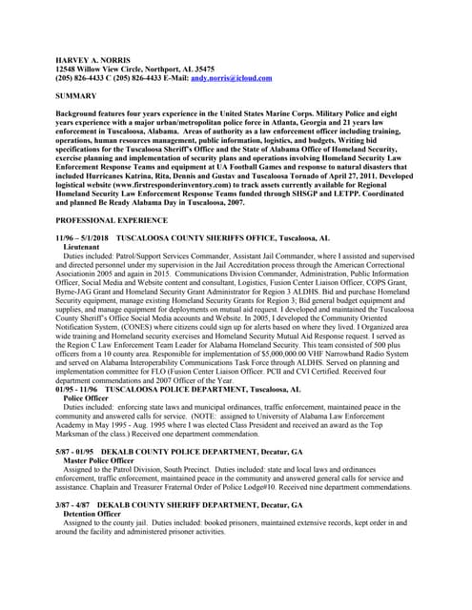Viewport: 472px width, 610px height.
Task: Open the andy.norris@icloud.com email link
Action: coord(231,78)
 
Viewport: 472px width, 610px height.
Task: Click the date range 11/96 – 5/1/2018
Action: coord(82,237)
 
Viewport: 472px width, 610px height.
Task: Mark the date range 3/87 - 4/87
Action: coord(72,503)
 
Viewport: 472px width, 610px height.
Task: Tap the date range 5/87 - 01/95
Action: coord(75,450)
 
